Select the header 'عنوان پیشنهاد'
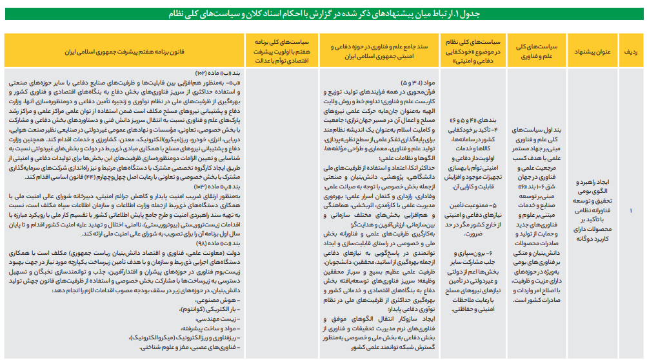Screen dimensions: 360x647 tap(591, 49)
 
